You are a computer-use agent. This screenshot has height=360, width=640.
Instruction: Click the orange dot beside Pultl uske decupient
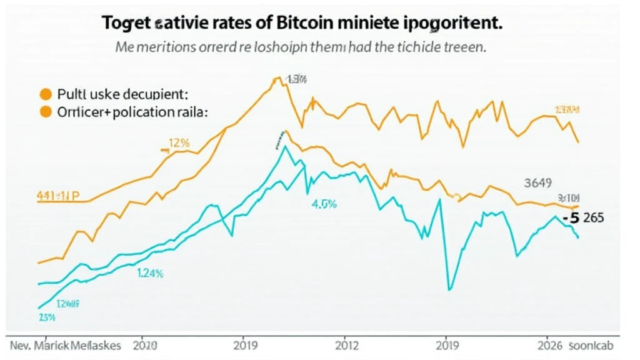coord(44,95)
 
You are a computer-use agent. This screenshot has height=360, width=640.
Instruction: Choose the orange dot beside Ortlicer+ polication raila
coord(44,112)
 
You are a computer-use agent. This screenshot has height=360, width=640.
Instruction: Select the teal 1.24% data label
coord(150,272)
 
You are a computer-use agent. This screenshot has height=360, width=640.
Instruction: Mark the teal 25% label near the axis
coord(47,317)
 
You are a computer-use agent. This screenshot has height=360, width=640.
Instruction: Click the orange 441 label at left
coord(57,195)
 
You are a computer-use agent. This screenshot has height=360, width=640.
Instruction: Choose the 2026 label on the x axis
coord(553,345)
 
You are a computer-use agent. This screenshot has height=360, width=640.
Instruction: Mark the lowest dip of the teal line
coord(449,289)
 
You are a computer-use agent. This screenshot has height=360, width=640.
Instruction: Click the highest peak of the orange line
coord(276,77)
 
